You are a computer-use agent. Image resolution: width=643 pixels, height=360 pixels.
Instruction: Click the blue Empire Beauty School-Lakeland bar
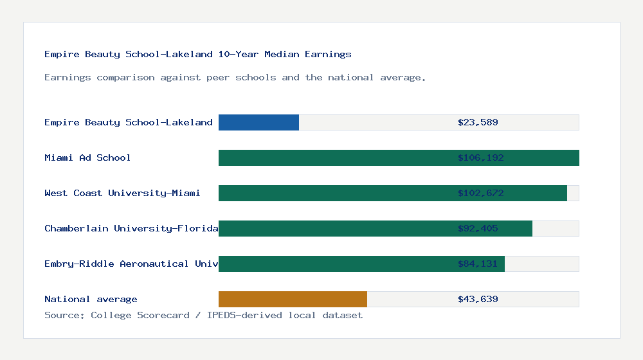tap(258, 122)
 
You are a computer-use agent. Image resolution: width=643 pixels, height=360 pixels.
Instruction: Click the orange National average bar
tap(293, 299)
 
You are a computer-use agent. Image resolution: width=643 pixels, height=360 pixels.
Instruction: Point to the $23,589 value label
tap(478, 122)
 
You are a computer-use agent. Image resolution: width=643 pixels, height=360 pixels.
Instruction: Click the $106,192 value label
tap(478, 157)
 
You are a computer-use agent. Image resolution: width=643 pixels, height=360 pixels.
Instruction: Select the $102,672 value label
tap(478, 193)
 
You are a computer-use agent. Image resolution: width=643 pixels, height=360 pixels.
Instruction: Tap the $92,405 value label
tap(478, 228)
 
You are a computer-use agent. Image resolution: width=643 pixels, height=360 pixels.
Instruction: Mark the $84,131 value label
tap(478, 264)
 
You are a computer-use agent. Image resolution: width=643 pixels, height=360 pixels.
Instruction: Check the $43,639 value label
tap(478, 299)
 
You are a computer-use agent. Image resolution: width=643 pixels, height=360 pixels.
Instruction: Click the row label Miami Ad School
tap(87, 157)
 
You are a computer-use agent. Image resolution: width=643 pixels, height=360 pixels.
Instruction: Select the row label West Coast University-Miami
tap(122, 193)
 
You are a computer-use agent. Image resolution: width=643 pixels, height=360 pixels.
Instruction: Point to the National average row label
tap(91, 299)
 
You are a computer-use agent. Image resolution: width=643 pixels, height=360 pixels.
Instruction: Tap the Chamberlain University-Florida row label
tap(131, 228)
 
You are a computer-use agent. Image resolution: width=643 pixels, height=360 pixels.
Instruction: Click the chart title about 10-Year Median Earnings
tap(198, 54)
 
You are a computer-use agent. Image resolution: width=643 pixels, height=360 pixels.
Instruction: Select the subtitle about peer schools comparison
tap(235, 77)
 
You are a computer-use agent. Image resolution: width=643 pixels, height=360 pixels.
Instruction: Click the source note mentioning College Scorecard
tap(203, 315)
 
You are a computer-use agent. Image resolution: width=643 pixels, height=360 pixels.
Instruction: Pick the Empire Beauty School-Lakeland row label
tap(129, 122)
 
